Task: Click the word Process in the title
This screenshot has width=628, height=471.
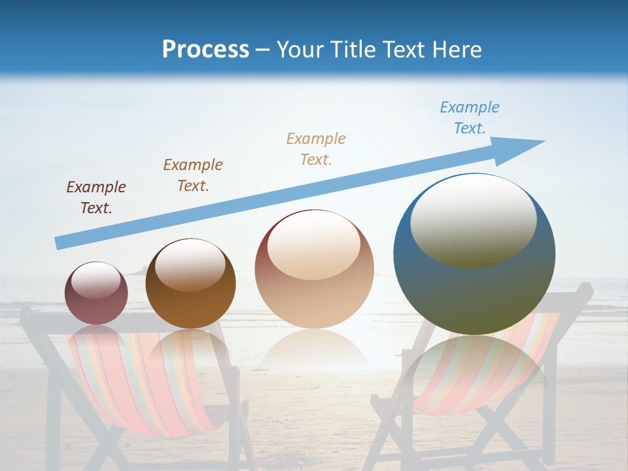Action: [x=205, y=49]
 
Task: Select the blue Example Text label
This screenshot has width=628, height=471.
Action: [x=469, y=118]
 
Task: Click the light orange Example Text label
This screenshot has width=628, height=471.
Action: [x=316, y=148]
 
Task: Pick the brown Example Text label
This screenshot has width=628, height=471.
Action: [x=193, y=175]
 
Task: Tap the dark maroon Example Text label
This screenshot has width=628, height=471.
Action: [x=96, y=197]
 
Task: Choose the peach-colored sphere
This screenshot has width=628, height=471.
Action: [x=314, y=288]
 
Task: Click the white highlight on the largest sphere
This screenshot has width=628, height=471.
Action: [x=473, y=219]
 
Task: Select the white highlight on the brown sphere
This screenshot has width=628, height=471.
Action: [x=190, y=264]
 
